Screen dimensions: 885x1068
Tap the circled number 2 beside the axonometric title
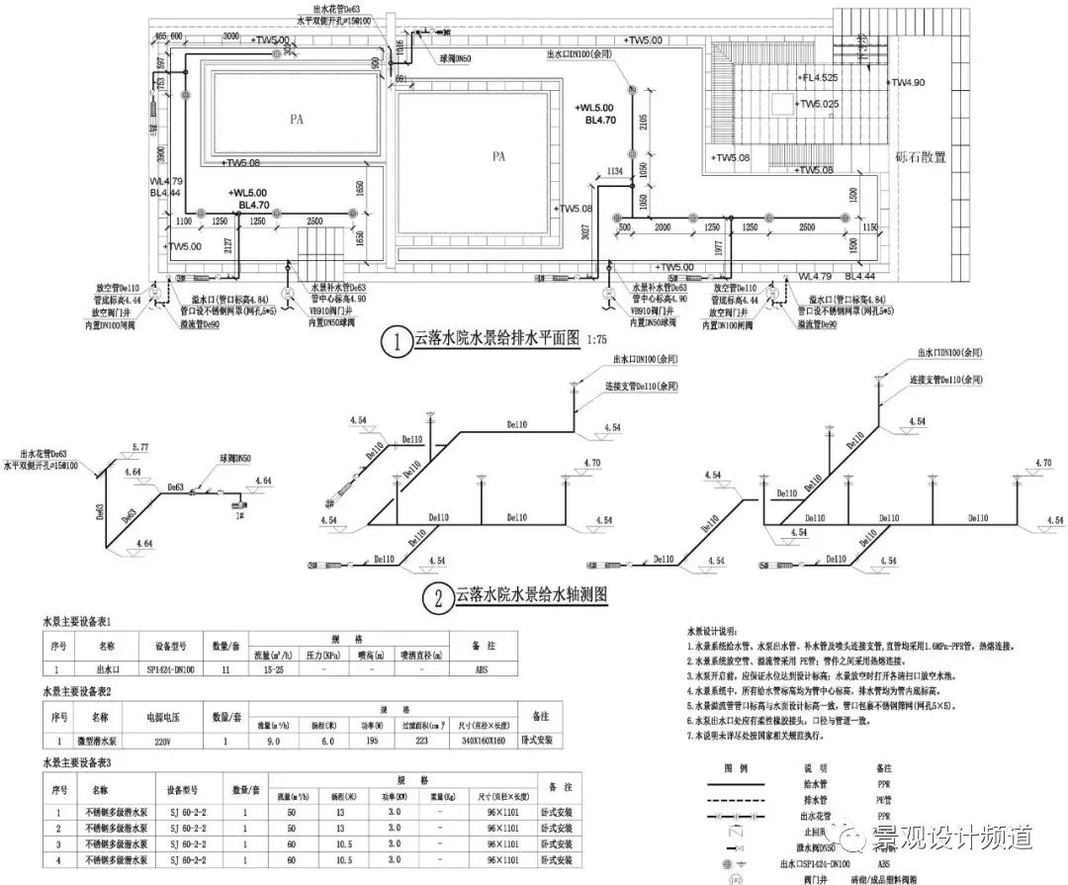436,596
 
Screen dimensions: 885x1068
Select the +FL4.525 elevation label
818,76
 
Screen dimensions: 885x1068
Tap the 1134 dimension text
615,171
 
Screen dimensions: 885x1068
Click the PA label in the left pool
296,120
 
